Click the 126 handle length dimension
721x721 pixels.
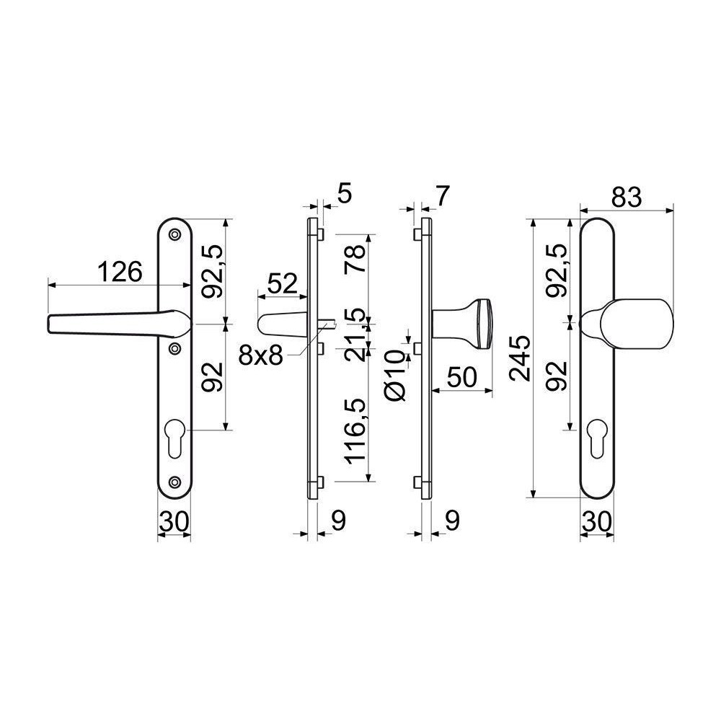pyautogui.click(x=120, y=273)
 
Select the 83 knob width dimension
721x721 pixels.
pyautogui.click(x=626, y=198)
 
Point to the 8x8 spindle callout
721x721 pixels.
pyautogui.click(x=260, y=355)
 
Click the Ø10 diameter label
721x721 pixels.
pyautogui.click(x=395, y=375)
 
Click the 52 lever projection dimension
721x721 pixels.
pyautogui.click(x=283, y=283)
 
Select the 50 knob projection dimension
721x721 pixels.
pyautogui.click(x=462, y=378)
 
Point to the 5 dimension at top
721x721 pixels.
pyautogui.click(x=345, y=194)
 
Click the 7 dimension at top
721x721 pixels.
pyautogui.click(x=441, y=196)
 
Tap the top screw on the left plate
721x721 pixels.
pyautogui.click(x=174, y=234)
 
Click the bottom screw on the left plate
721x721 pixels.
pyautogui.click(x=174, y=482)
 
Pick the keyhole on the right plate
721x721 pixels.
pyautogui.click(x=596, y=438)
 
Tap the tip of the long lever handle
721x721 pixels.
pyautogui.click(x=48, y=324)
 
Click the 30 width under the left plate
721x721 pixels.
pyautogui.click(x=174, y=521)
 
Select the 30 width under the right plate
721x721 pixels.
pyautogui.click(x=597, y=521)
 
